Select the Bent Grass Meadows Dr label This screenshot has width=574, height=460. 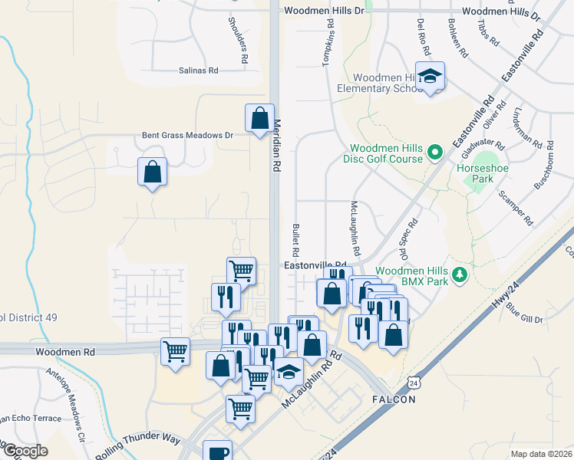tap(187, 135)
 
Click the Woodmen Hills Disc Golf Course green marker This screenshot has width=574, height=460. tap(435, 152)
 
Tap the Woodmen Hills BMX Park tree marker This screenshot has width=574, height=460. tap(460, 274)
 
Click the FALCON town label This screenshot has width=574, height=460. tap(394, 399)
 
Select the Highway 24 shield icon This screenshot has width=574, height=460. tap(414, 382)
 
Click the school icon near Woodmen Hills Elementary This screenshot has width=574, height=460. tap(431, 77)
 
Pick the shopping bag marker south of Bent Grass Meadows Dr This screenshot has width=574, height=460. tap(153, 172)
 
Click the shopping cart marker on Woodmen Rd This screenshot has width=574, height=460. tap(176, 352)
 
